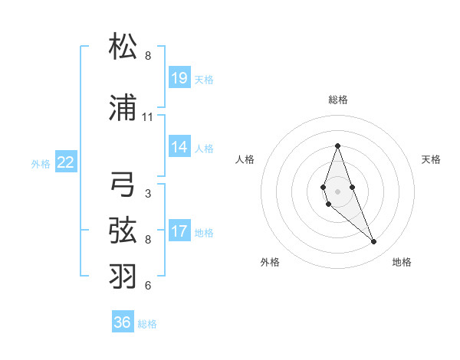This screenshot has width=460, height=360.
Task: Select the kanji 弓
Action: [x=123, y=185]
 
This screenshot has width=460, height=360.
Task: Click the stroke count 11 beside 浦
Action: [x=147, y=117]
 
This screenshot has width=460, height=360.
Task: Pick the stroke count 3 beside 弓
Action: [x=147, y=194]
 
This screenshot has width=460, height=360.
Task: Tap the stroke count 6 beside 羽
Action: [x=147, y=286]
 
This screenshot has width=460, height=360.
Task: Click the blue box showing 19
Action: [x=179, y=77]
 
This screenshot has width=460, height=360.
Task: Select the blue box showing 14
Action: [x=179, y=146]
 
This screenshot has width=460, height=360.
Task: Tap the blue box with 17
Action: [x=179, y=231]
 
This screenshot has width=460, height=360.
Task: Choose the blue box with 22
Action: [x=66, y=162]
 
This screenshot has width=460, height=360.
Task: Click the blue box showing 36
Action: [x=123, y=322]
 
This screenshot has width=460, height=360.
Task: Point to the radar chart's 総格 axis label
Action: [x=337, y=100]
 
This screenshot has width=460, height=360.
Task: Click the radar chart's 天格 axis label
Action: [x=432, y=159]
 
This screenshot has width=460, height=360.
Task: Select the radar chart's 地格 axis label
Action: [x=402, y=262]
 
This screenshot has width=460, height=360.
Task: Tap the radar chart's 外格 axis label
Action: [x=270, y=262]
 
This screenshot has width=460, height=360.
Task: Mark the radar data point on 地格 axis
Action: [x=374, y=242]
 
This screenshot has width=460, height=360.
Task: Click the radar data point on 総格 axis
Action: [x=337, y=146]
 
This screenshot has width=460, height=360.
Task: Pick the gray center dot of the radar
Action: [x=337, y=191]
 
